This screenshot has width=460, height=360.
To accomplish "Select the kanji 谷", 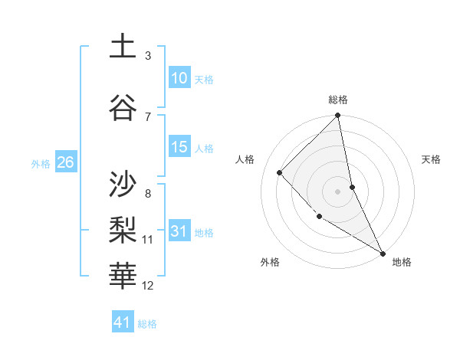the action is tap(123, 107).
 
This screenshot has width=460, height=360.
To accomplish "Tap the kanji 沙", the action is tap(123, 184).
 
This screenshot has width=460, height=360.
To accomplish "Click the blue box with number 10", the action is tap(179, 78).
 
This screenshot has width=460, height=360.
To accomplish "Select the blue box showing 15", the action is tap(179, 147).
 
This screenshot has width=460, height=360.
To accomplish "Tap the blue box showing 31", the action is tap(179, 232).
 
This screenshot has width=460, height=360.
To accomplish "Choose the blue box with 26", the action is tap(65, 162).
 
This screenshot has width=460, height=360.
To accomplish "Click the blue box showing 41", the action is tap(123, 322).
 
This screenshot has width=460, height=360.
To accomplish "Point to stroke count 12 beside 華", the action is tap(148, 286).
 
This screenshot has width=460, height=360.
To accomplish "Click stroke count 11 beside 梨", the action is tap(148, 240).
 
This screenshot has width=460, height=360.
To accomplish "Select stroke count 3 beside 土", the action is tap(148, 56).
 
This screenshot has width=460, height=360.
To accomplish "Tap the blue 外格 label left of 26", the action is tap(41, 163).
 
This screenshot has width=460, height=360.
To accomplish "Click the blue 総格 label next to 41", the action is tap(147, 324).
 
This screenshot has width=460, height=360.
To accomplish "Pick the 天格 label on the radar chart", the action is tap(431, 159).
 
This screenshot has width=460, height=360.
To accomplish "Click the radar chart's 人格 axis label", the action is tap(245, 159).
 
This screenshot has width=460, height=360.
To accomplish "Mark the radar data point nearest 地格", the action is tap(383, 253).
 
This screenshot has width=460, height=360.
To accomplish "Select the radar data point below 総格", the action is tap(338, 116).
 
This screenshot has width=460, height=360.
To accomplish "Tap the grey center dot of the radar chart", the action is tap(338, 191).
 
